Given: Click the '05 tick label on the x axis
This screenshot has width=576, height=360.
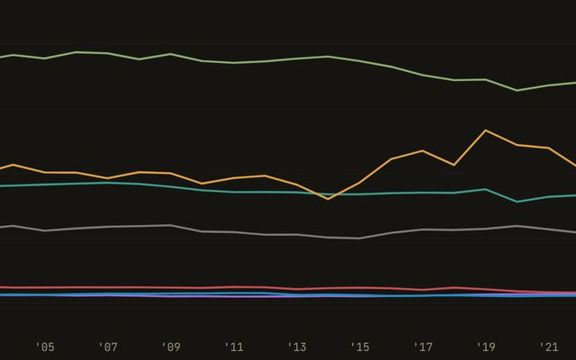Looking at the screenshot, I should (45, 347).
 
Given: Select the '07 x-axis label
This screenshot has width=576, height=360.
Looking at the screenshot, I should (108, 347).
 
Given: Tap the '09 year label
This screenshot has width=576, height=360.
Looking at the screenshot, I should (171, 347).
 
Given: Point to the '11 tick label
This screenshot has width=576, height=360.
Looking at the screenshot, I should (234, 347).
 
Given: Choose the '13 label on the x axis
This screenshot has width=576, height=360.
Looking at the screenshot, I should (297, 347).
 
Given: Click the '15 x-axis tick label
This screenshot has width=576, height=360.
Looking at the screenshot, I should (360, 347).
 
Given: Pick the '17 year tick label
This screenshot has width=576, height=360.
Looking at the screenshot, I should (423, 347).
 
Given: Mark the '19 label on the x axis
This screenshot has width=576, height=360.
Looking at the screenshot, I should (486, 347).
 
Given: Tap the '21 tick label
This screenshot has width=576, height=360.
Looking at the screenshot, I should (549, 347).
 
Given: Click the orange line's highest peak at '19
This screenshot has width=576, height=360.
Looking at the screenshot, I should (486, 130).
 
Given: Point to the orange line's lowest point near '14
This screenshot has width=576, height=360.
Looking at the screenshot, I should (328, 199).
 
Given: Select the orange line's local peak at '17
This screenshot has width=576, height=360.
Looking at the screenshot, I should (423, 150).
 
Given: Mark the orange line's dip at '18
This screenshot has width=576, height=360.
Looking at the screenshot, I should (454, 165).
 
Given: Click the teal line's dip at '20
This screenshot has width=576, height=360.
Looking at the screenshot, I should (517, 202).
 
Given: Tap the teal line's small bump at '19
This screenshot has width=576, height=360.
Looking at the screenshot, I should (486, 189).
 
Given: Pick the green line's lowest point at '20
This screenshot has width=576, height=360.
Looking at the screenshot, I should (517, 90).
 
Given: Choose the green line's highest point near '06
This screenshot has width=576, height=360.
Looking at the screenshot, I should (76, 52).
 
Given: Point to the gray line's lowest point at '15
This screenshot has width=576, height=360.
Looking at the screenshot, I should (360, 238).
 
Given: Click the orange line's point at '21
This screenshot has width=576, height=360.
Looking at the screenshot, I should (549, 148).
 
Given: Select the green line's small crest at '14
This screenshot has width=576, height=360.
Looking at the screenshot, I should (328, 57).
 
